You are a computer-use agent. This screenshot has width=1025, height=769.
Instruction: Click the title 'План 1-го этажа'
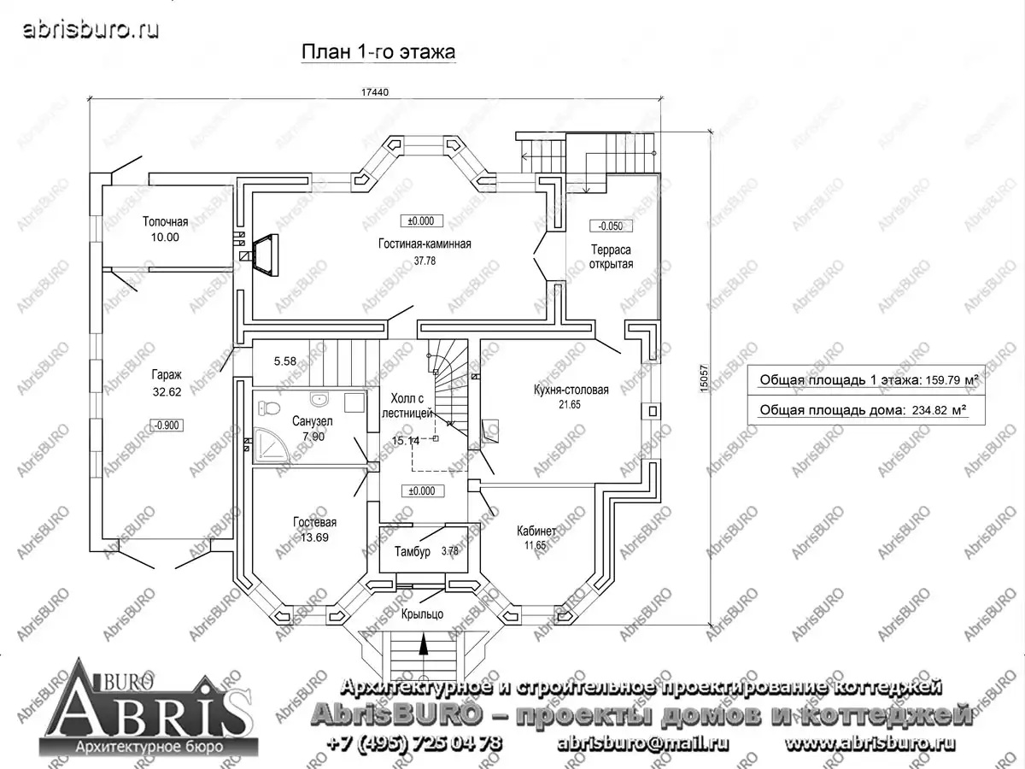(378, 52)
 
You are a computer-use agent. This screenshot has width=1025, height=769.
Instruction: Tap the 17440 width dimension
(374, 92)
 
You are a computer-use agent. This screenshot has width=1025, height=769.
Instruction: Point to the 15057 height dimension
(704, 379)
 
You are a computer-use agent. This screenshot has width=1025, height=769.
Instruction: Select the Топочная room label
(166, 222)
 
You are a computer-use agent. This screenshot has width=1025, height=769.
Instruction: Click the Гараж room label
(167, 375)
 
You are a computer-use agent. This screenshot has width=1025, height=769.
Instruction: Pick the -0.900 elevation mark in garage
(167, 426)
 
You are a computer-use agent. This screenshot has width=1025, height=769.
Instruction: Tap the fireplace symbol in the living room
(266, 255)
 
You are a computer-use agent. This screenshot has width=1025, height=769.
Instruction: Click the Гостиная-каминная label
(425, 244)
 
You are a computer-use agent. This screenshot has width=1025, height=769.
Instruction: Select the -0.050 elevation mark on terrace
(611, 226)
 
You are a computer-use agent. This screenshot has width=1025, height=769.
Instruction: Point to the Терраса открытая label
(611, 257)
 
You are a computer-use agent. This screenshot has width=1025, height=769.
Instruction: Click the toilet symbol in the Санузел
(268, 408)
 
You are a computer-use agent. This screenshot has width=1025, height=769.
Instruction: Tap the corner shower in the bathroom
(271, 445)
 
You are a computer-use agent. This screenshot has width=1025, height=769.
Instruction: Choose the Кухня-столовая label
(571, 390)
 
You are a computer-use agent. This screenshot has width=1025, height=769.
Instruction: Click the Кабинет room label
(536, 531)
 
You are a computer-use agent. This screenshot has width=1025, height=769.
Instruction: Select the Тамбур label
(413, 552)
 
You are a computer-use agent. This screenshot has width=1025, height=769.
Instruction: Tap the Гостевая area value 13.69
(314, 537)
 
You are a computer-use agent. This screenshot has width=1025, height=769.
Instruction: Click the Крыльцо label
(422, 614)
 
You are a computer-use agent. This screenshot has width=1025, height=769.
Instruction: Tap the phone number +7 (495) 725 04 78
(414, 743)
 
